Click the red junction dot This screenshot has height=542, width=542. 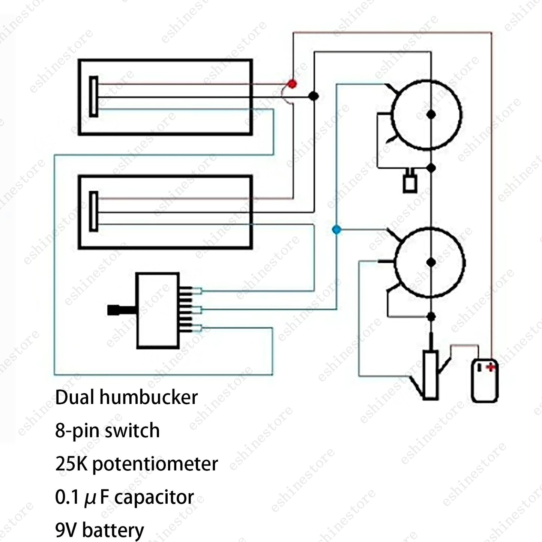coord(292,84)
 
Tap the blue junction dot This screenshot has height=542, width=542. coord(337,230)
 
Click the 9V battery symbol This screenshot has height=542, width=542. coord(485,381)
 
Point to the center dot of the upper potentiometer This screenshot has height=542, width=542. coord(431,114)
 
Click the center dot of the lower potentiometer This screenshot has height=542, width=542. coord(431,263)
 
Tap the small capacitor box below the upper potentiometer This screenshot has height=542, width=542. coord(410,184)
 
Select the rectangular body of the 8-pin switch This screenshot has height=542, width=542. coord(158,311)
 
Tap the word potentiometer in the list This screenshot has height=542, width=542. coord(155,464)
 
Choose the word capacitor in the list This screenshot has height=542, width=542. coord(154,498)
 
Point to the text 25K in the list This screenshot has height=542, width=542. coord(71,464)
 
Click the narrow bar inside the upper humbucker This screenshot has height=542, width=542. coord(94,96)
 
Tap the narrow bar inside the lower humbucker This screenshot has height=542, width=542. coord(94,212)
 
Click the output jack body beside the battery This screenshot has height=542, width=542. coord(431,375)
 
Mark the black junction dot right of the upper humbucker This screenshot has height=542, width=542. coord(314,96)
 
